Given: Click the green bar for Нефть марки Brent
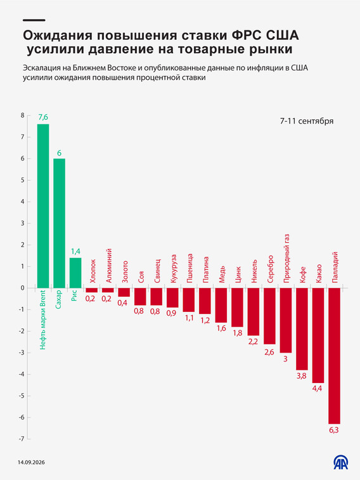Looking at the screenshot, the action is point(43,206).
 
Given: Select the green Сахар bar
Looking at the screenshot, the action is point(59,223).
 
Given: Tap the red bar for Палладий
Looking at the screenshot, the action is point(334,356).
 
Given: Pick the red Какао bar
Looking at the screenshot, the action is point(318,335).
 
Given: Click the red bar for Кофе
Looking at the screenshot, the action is point(302,329).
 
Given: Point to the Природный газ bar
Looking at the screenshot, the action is point(285,320).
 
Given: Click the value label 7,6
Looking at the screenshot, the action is point(43,117).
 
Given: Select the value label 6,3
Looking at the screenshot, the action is point(333,430).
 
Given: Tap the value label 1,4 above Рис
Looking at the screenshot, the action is point(75,251).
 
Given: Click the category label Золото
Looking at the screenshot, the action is point(125,271).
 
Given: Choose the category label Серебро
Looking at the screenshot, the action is point(271,269).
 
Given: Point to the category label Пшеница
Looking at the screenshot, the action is point(190,268).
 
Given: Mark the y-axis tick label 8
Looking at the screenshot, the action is point(22,115).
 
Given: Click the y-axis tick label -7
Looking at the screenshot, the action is point(22,439).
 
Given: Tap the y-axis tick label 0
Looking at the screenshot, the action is point(22,288).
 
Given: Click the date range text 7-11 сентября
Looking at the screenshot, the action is point(307,121).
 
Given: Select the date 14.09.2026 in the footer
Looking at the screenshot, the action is point(31,462).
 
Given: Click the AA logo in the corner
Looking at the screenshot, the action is point(341,462).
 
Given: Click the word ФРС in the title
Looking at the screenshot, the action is point(247,36).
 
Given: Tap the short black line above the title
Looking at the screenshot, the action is point(34,20).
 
